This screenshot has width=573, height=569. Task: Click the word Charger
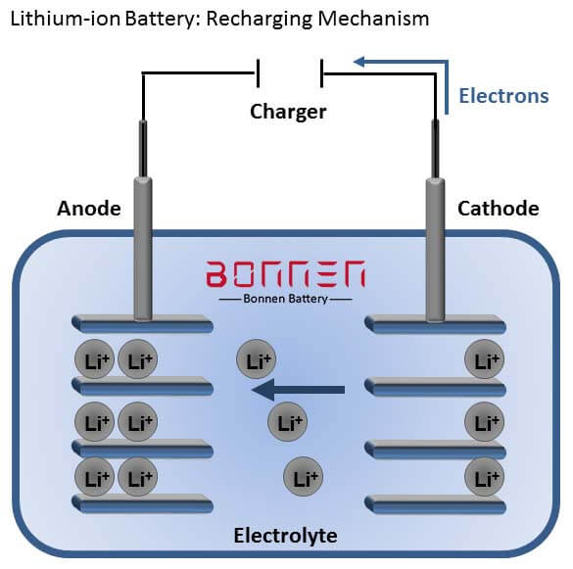click(x=287, y=112)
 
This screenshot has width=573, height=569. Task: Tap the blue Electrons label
click(x=503, y=96)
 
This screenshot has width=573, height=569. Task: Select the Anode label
click(x=88, y=208)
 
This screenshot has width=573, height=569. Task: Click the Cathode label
click(x=498, y=208)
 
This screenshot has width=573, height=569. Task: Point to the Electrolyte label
click(x=285, y=536)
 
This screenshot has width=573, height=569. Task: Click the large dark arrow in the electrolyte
click(x=298, y=392)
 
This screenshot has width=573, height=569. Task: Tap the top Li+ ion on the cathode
click(x=484, y=360)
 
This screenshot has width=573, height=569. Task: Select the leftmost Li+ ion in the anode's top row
click(x=94, y=360)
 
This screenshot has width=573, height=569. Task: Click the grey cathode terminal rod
click(x=433, y=245)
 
